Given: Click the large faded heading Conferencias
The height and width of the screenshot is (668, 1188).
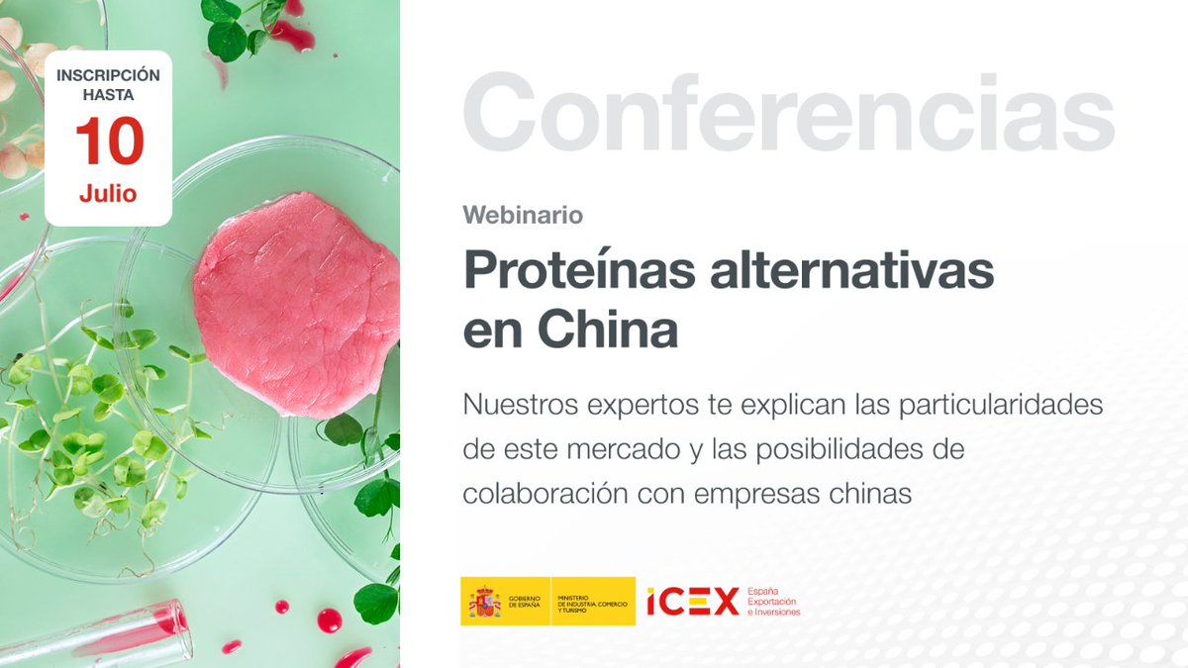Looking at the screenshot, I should (788, 114).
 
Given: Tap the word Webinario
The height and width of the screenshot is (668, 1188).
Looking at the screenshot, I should (523, 214).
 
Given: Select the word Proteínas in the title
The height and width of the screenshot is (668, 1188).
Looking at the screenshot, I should (581, 270).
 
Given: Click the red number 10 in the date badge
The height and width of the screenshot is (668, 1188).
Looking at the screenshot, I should (109, 142).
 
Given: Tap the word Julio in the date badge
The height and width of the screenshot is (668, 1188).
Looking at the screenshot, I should (108, 193).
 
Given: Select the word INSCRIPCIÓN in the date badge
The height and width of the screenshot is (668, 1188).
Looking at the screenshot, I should (108, 75).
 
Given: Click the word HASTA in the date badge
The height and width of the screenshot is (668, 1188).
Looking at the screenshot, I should (108, 96).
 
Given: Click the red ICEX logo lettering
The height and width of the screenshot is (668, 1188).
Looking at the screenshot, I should (693, 601).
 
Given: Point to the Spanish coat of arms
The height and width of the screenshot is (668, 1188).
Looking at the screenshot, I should (484, 601).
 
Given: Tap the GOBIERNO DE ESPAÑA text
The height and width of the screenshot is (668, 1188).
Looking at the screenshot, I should (525, 602).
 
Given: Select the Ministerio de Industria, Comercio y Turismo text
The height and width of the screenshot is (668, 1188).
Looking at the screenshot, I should (591, 602).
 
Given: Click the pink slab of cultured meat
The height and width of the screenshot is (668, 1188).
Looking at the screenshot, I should (297, 302).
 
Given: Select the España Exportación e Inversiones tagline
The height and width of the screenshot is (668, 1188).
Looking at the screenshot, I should (773, 602).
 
